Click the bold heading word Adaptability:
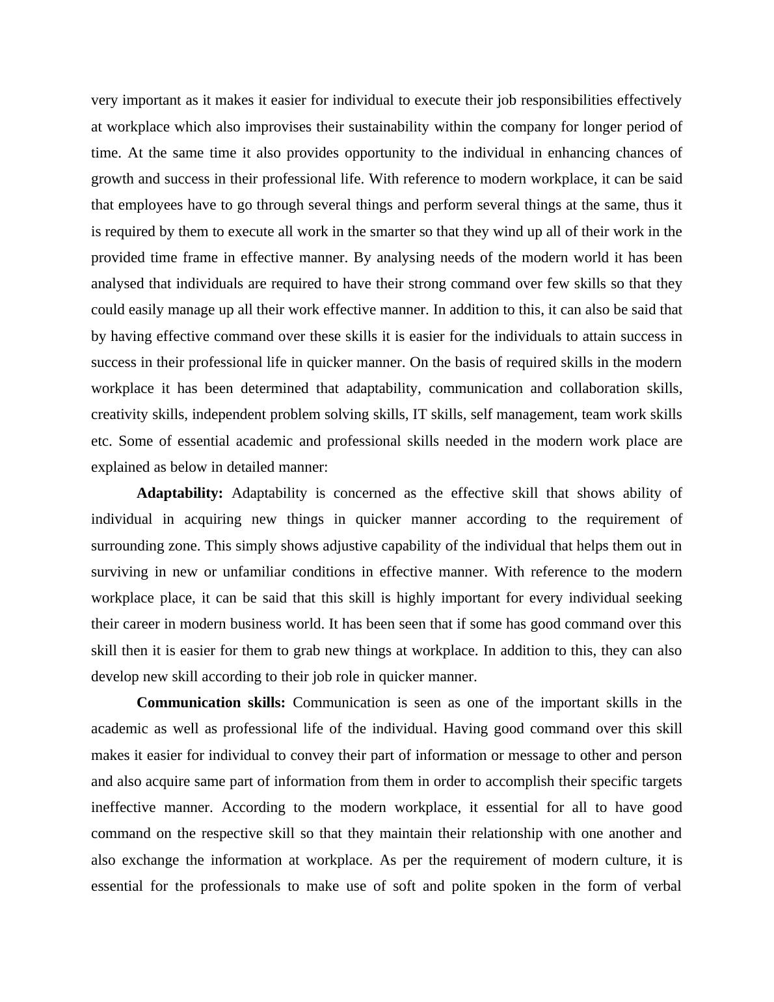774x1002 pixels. point(180,493)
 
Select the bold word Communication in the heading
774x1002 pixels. point(189,703)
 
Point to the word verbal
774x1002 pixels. point(661,886)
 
